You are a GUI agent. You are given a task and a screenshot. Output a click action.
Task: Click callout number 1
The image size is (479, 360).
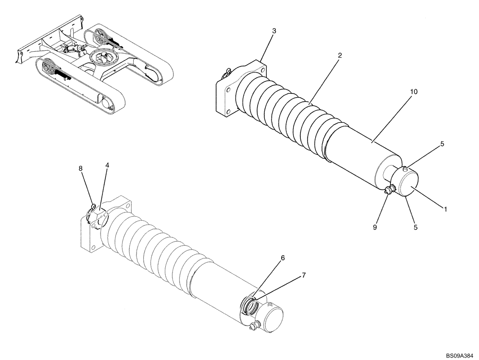point(445,209)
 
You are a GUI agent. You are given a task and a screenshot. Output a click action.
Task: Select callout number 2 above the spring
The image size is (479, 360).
point(339,56)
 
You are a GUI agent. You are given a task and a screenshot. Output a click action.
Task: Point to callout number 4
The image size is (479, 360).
point(107,165)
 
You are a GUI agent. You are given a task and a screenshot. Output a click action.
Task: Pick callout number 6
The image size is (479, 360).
point(283,258)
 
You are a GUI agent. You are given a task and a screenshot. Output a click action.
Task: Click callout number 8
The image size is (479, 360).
point(80,168)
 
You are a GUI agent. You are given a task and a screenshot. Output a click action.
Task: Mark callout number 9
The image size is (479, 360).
point(375,227)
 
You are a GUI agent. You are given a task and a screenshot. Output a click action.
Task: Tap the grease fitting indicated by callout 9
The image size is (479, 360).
point(388,191)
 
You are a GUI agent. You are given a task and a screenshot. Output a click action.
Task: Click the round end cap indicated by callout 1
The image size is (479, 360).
point(409,184)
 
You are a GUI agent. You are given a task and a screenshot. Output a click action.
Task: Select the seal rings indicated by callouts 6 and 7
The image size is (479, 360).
point(250,304)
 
